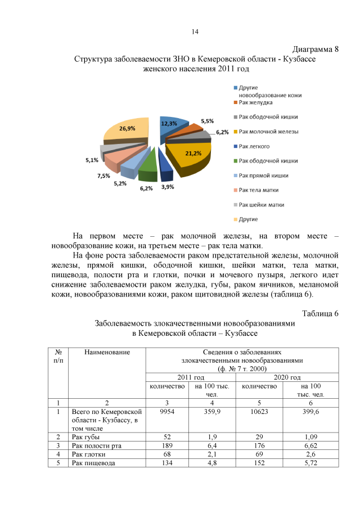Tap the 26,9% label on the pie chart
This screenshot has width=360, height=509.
coord(127,128)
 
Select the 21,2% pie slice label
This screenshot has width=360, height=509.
coord(193,153)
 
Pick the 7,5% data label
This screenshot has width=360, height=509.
coord(103,175)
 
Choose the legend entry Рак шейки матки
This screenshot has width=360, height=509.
coord(261,205)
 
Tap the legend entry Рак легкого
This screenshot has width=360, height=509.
coord(254,146)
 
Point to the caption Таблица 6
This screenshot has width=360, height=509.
coord(320,313)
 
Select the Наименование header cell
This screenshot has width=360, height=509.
coord(107,352)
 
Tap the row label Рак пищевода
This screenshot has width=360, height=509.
coord(93,463)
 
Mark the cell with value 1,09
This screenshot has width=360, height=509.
coord(311,436)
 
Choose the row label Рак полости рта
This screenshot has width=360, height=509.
coord(97,445)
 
